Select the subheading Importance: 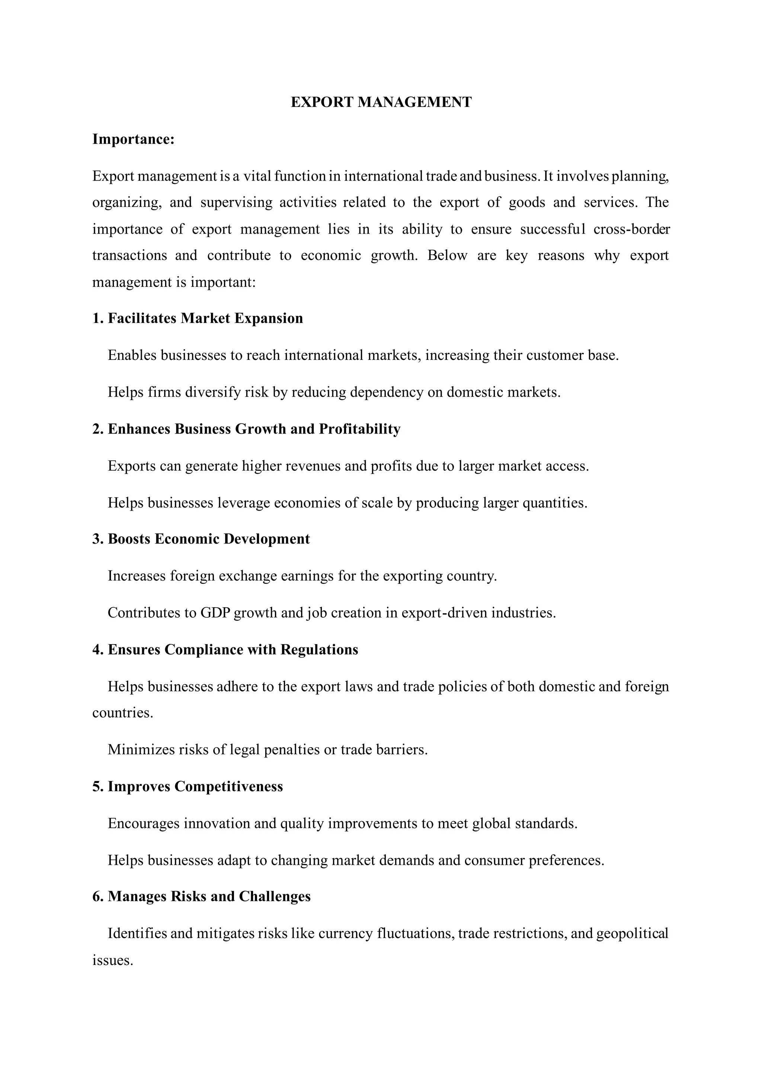point(133,140)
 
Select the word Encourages point(144,823)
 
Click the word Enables point(132,355)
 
